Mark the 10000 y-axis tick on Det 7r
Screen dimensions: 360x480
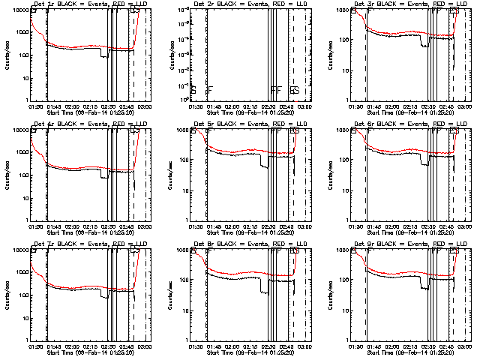[x=20, y=250]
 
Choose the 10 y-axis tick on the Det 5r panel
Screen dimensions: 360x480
[x=184, y=190]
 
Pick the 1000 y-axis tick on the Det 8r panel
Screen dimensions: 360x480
[x=181, y=250]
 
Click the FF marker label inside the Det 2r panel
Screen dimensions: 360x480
[x=276, y=91]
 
